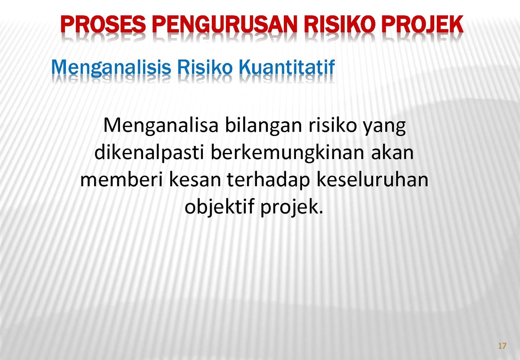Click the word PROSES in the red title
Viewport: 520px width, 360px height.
point(103,24)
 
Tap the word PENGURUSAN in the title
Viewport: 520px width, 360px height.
point(225,24)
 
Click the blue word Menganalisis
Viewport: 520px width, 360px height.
point(111,68)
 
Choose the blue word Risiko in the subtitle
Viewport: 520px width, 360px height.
point(205,67)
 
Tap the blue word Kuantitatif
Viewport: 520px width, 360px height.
point(287,67)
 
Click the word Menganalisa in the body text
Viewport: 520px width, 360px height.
point(161,126)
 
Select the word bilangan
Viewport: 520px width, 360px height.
point(263,126)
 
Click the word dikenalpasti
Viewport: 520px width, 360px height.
point(149,153)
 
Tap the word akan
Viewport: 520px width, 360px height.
point(393,152)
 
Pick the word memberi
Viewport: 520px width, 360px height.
point(121,179)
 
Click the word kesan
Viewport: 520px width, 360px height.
point(195,179)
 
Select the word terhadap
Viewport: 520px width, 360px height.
point(269,180)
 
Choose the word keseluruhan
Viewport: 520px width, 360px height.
point(373,179)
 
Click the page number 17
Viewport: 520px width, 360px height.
point(502,346)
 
